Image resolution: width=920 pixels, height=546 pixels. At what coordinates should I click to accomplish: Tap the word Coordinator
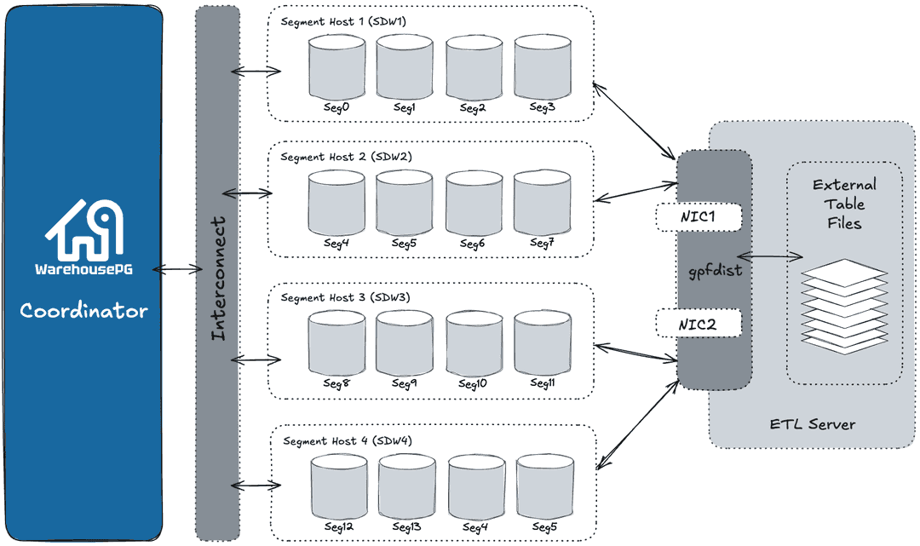[83, 310]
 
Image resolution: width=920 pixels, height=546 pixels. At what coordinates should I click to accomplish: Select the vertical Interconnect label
[218, 279]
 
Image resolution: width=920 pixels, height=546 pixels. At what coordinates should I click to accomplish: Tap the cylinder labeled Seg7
[542, 203]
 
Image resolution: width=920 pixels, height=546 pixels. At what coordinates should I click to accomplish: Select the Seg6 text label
[472, 244]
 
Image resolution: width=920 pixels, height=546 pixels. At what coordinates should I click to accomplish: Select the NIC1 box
[699, 216]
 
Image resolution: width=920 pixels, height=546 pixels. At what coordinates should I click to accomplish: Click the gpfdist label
[713, 271]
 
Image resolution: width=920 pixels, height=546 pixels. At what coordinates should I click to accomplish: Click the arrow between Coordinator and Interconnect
[175, 270]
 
